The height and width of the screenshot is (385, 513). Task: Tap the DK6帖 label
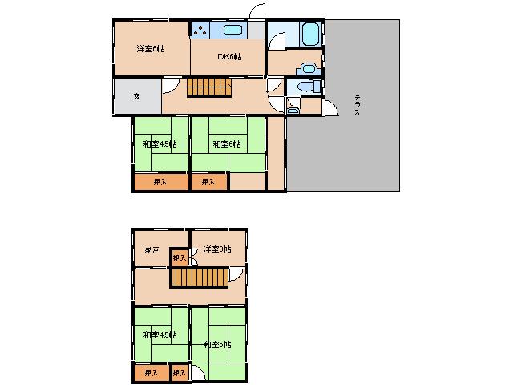point(229,56)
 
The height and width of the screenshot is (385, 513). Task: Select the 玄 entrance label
point(136,96)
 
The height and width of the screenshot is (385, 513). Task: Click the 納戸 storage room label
point(151,251)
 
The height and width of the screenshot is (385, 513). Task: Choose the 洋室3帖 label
point(216,249)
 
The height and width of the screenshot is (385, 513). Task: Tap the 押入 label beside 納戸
point(180,257)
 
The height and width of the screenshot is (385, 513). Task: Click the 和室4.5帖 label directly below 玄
point(160,144)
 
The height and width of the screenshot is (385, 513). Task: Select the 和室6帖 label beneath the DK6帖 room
point(227,144)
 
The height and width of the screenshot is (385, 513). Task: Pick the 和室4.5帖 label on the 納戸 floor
point(160,335)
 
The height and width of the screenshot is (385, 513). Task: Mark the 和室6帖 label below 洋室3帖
point(217,344)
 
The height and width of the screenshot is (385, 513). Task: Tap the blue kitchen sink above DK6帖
point(232,30)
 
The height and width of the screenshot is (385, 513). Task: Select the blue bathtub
point(310,34)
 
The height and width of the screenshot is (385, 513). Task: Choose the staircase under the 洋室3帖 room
point(197,278)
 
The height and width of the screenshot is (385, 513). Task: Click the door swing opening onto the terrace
point(329,107)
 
